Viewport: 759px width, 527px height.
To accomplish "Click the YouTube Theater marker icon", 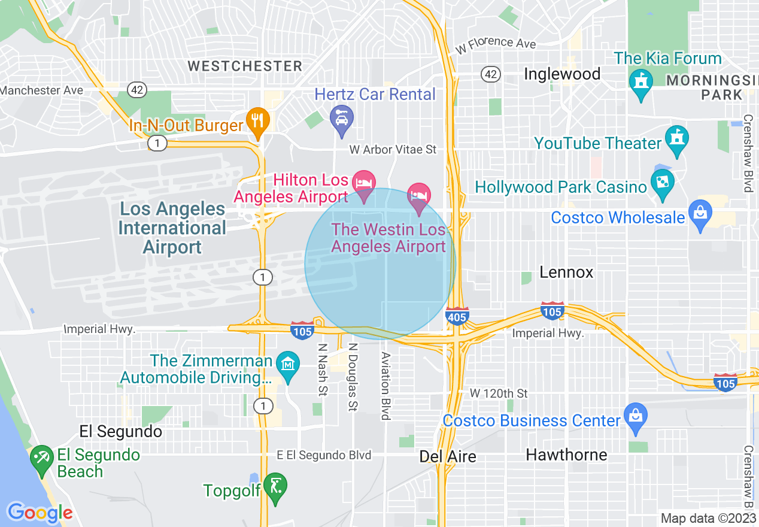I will (677, 138).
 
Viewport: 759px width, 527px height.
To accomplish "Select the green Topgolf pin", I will (275, 486).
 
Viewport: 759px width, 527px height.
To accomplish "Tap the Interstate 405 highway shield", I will (457, 316).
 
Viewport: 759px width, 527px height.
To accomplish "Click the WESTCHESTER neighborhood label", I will (245, 66).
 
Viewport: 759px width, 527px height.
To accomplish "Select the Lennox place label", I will (566, 272).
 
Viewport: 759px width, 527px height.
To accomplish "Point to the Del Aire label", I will (448, 456).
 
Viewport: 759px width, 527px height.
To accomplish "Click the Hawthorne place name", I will (566, 455).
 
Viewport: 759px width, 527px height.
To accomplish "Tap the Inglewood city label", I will (562, 74).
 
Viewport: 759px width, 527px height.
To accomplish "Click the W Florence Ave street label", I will (495, 44).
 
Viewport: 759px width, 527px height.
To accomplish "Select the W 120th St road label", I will (499, 393).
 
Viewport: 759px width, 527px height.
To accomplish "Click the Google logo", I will (40, 513).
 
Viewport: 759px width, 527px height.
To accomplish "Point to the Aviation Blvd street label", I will (386, 386).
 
